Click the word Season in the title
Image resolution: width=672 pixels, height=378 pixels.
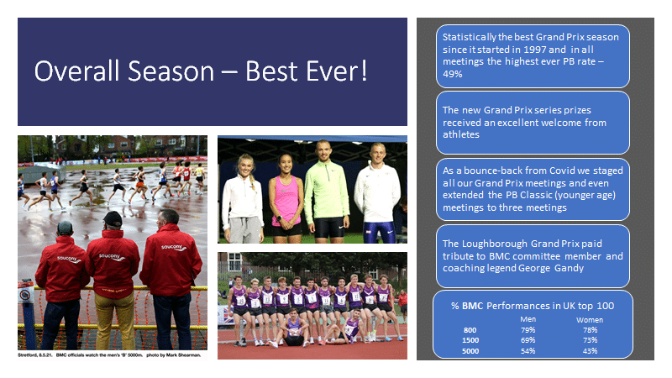click(x=171, y=71)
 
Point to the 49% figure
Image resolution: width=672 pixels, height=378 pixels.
click(x=453, y=74)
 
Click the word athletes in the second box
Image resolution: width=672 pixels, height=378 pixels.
click(x=461, y=134)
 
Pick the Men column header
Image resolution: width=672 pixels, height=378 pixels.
click(x=528, y=319)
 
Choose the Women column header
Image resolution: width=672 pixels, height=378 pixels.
click(x=590, y=320)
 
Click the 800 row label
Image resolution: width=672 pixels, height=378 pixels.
click(x=470, y=330)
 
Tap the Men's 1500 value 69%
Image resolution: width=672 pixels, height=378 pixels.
click(x=528, y=340)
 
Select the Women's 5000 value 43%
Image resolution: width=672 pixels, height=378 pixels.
click(x=591, y=350)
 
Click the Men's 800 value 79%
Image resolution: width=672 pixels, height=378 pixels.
click(x=528, y=330)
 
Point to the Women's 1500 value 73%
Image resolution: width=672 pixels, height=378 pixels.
click(x=591, y=340)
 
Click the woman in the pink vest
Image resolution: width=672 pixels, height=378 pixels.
click(x=286, y=198)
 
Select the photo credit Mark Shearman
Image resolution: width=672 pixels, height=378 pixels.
click(x=182, y=354)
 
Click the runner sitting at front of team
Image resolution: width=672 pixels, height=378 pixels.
click(x=293, y=328)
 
